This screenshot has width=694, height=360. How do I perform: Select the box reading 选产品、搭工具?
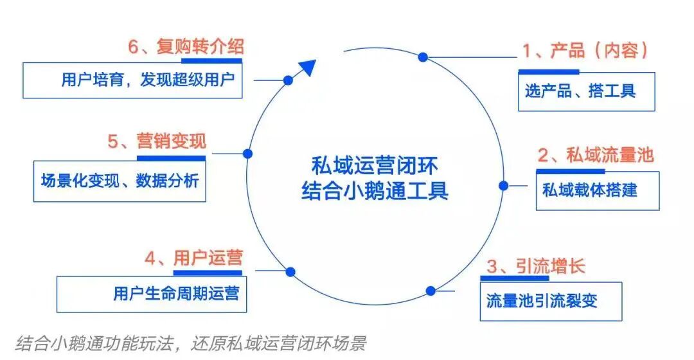tap(586, 91)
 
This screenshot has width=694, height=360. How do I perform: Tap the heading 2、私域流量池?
tap(595, 156)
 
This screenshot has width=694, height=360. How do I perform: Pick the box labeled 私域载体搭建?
tap(597, 190)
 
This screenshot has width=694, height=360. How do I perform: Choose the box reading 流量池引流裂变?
tap(551, 301)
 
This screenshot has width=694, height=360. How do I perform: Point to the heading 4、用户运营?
tap(193, 259)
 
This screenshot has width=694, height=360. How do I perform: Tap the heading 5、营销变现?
tap(157, 141)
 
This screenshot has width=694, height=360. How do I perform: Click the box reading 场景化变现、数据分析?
tap(120, 181)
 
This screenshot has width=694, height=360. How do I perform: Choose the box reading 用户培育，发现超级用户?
tap(133, 80)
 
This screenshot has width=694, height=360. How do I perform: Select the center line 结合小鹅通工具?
tap(375, 192)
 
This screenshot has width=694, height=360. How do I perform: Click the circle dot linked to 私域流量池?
tap(503, 186)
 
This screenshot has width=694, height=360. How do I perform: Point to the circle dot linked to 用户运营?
tap(290, 272)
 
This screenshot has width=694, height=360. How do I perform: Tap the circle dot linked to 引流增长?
tap(430, 291)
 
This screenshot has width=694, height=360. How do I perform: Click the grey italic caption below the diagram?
tap(190, 342)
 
